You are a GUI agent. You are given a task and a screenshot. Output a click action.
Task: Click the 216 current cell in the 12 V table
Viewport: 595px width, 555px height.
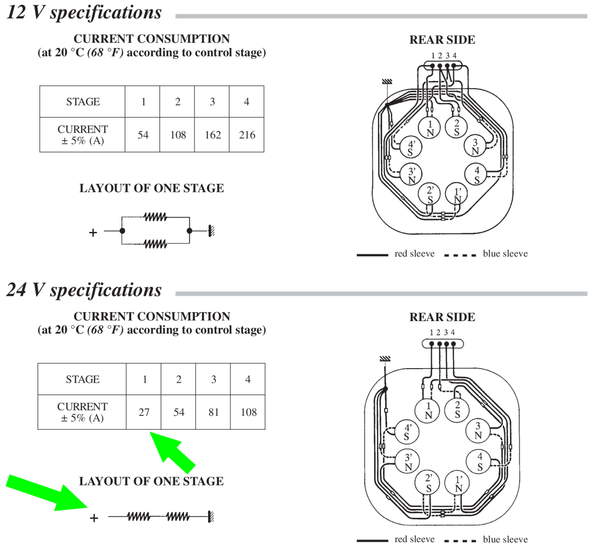(247, 135)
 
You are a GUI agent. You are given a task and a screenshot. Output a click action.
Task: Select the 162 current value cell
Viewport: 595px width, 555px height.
(212, 135)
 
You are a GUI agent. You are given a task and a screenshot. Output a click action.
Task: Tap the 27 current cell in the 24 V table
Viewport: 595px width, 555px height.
(144, 412)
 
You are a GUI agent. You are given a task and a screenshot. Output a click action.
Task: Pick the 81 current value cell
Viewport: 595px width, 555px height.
(213, 412)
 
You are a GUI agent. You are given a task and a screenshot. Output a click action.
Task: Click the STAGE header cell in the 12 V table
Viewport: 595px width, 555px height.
(83, 102)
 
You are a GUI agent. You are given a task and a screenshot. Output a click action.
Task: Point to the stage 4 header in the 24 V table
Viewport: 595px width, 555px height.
(248, 379)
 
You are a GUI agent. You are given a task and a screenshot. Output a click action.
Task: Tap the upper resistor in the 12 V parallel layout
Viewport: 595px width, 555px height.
(155, 217)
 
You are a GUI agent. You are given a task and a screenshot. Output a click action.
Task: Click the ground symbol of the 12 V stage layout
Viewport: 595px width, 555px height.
(211, 230)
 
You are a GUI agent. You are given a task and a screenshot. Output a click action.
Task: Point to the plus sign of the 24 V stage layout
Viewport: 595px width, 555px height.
(94, 518)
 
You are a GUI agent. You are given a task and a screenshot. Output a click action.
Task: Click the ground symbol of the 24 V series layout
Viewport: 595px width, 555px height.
(211, 517)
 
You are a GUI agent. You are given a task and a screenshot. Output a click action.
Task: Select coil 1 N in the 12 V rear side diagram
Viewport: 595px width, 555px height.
(430, 128)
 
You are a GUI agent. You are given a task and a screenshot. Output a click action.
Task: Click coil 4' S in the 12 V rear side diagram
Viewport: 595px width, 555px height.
(411, 148)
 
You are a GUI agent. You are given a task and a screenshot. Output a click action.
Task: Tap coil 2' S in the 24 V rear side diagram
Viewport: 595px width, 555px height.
(429, 483)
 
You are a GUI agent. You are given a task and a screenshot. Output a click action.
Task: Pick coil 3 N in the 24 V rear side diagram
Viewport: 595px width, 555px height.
(478, 430)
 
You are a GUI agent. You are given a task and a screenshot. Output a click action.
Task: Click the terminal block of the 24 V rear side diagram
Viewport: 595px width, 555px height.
(442, 343)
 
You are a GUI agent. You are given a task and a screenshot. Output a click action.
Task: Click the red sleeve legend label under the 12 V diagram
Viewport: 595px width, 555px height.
(415, 254)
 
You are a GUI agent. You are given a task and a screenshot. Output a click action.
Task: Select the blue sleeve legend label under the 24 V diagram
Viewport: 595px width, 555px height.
(505, 539)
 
